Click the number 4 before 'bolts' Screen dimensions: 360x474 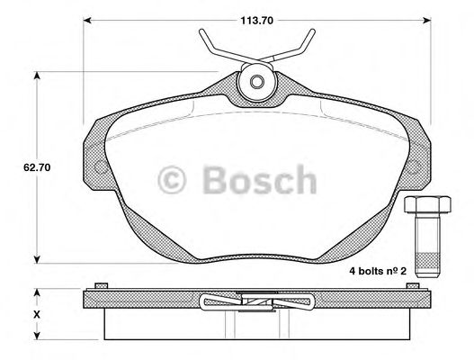353,270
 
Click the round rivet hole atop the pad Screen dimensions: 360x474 256,82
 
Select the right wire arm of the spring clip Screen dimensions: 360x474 300,45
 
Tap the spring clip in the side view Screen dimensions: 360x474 256,303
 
